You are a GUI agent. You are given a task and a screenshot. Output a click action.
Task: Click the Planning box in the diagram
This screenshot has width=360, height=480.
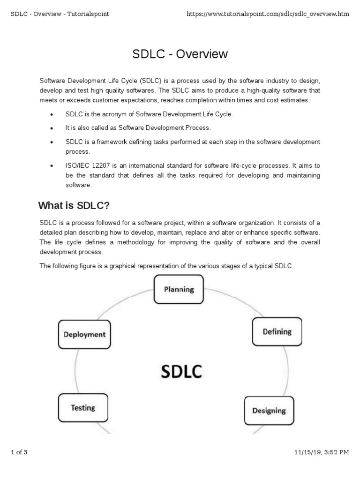pos(179,289)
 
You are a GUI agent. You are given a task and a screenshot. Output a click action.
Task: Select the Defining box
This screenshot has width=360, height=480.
pos(277,332)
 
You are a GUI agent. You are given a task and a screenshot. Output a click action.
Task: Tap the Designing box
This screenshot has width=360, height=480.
pos(269,411)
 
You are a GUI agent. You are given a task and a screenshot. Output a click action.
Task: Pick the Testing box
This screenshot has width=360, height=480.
pos(83,408)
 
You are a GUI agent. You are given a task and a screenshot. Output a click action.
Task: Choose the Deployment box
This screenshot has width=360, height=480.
pos(84,335)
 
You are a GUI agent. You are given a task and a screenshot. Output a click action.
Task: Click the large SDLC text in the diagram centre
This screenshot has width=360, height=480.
pos(181,372)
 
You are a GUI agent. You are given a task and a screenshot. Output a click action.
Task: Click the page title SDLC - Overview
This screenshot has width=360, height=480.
pos(180,54)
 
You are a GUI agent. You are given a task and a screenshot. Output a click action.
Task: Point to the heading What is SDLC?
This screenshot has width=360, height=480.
pos(73,206)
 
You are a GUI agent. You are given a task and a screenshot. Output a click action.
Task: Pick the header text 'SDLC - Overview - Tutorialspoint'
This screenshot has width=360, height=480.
pos(60,14)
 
